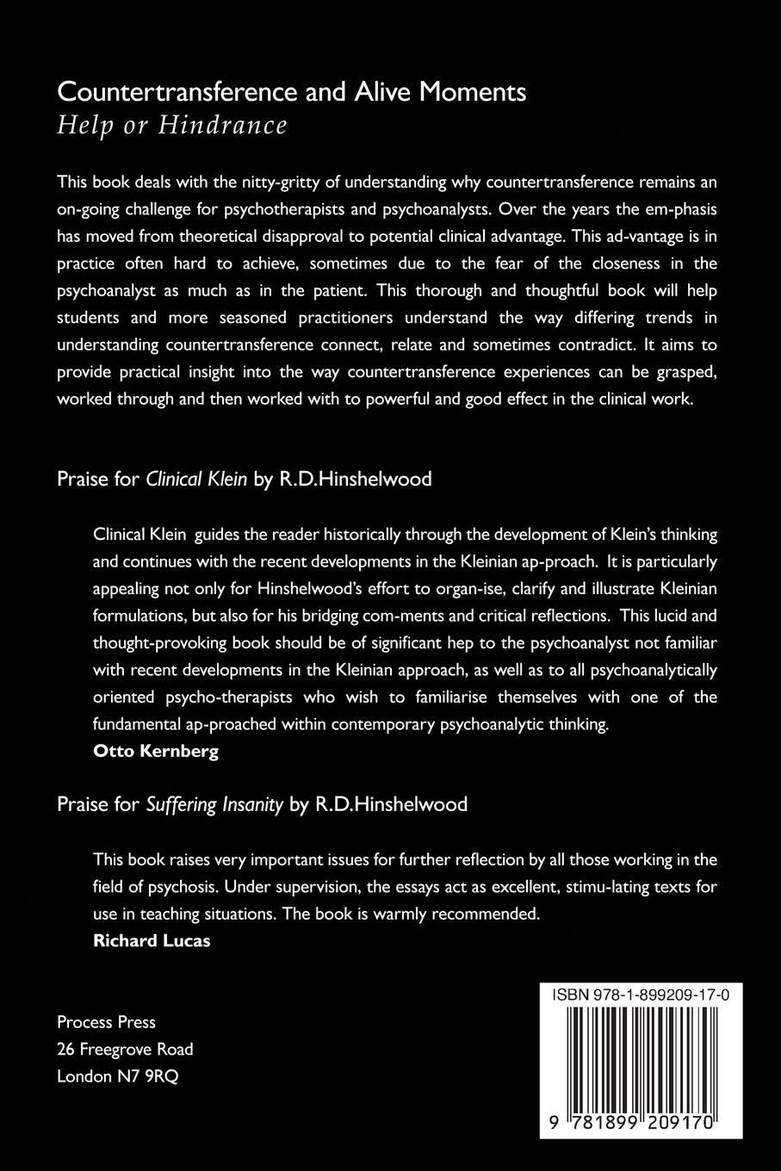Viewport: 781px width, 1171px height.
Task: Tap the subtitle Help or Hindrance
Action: coord(171,126)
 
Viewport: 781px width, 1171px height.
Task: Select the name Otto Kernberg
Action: coord(155,750)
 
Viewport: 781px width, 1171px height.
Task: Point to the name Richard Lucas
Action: coord(152,940)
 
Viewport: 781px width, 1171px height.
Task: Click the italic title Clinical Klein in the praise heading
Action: coord(197,479)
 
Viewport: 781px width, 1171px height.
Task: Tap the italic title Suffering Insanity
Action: coord(214,804)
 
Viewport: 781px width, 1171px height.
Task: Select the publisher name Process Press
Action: coord(106,1022)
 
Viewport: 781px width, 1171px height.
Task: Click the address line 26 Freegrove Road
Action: coord(125,1049)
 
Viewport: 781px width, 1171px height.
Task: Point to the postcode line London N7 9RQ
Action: coord(117,1076)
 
